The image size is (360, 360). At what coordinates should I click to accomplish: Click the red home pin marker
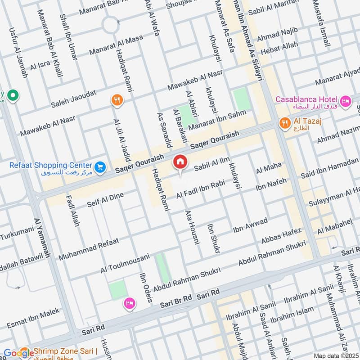pos(180,162)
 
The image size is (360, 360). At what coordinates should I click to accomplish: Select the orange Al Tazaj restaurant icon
pos(284,123)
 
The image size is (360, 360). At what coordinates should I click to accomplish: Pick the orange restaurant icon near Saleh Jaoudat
pos(117,100)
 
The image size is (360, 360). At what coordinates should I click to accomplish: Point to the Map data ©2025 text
pos(335,355)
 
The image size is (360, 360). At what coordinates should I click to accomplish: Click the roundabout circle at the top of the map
pos(111,25)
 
